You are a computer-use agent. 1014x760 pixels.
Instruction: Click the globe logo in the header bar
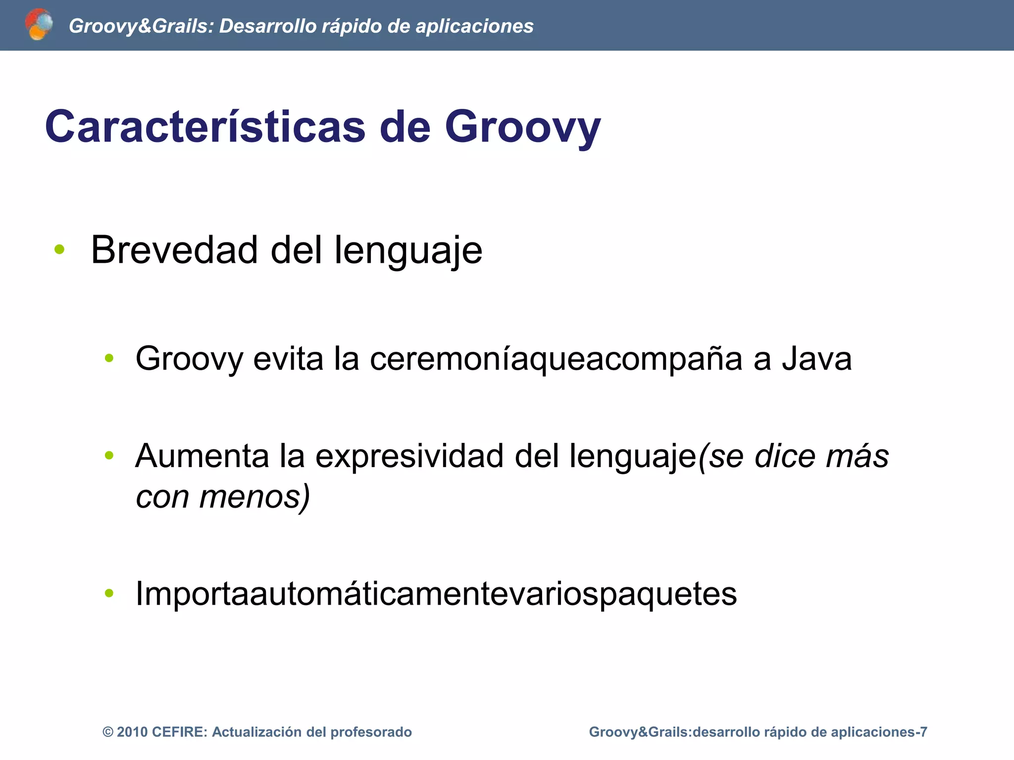39,24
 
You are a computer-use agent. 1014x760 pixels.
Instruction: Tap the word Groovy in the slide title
522,127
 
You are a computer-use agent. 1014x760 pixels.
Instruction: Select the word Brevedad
175,250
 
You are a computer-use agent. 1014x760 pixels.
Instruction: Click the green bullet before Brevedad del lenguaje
60,250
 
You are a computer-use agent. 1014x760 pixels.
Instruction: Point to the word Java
817,358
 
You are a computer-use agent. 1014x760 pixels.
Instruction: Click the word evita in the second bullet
288,358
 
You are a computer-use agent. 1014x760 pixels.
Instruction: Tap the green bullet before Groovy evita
109,358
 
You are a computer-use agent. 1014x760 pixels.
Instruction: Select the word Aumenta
202,456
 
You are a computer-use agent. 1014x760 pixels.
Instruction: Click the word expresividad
409,456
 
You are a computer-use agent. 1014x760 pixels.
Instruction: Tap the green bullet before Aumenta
109,455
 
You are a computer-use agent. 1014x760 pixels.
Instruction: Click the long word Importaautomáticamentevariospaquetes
436,593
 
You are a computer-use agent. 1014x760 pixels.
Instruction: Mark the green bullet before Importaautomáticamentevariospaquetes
109,593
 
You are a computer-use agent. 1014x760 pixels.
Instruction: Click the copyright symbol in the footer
107,732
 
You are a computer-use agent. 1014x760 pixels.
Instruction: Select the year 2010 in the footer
132,732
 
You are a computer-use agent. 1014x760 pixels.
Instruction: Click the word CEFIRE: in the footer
180,732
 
